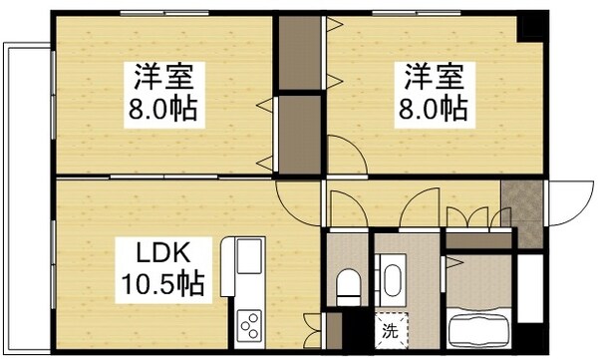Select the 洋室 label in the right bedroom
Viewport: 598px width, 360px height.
click(x=433, y=75)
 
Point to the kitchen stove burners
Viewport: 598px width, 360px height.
click(x=250, y=324)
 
